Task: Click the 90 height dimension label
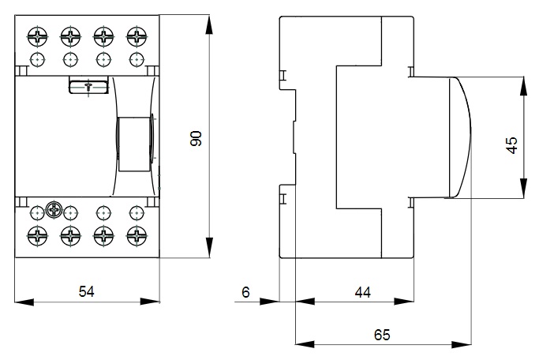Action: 196,139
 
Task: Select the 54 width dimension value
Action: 86,291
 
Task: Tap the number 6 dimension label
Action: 245,292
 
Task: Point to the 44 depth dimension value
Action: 363,292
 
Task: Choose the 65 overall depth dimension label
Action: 382,335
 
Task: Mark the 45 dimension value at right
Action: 512,145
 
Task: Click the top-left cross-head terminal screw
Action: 37,36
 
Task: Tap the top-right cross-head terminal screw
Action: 137,36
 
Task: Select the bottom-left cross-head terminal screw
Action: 37,236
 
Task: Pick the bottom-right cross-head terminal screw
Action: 137,236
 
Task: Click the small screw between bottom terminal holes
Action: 54,208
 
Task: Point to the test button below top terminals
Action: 88,85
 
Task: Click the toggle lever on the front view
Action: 134,144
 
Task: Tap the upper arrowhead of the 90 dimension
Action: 209,24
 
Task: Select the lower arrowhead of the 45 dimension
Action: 523,189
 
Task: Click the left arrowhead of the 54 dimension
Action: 24,302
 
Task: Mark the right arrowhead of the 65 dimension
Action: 462,344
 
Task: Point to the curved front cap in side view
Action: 460,137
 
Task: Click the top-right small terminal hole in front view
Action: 137,60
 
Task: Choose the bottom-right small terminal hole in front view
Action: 137,213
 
